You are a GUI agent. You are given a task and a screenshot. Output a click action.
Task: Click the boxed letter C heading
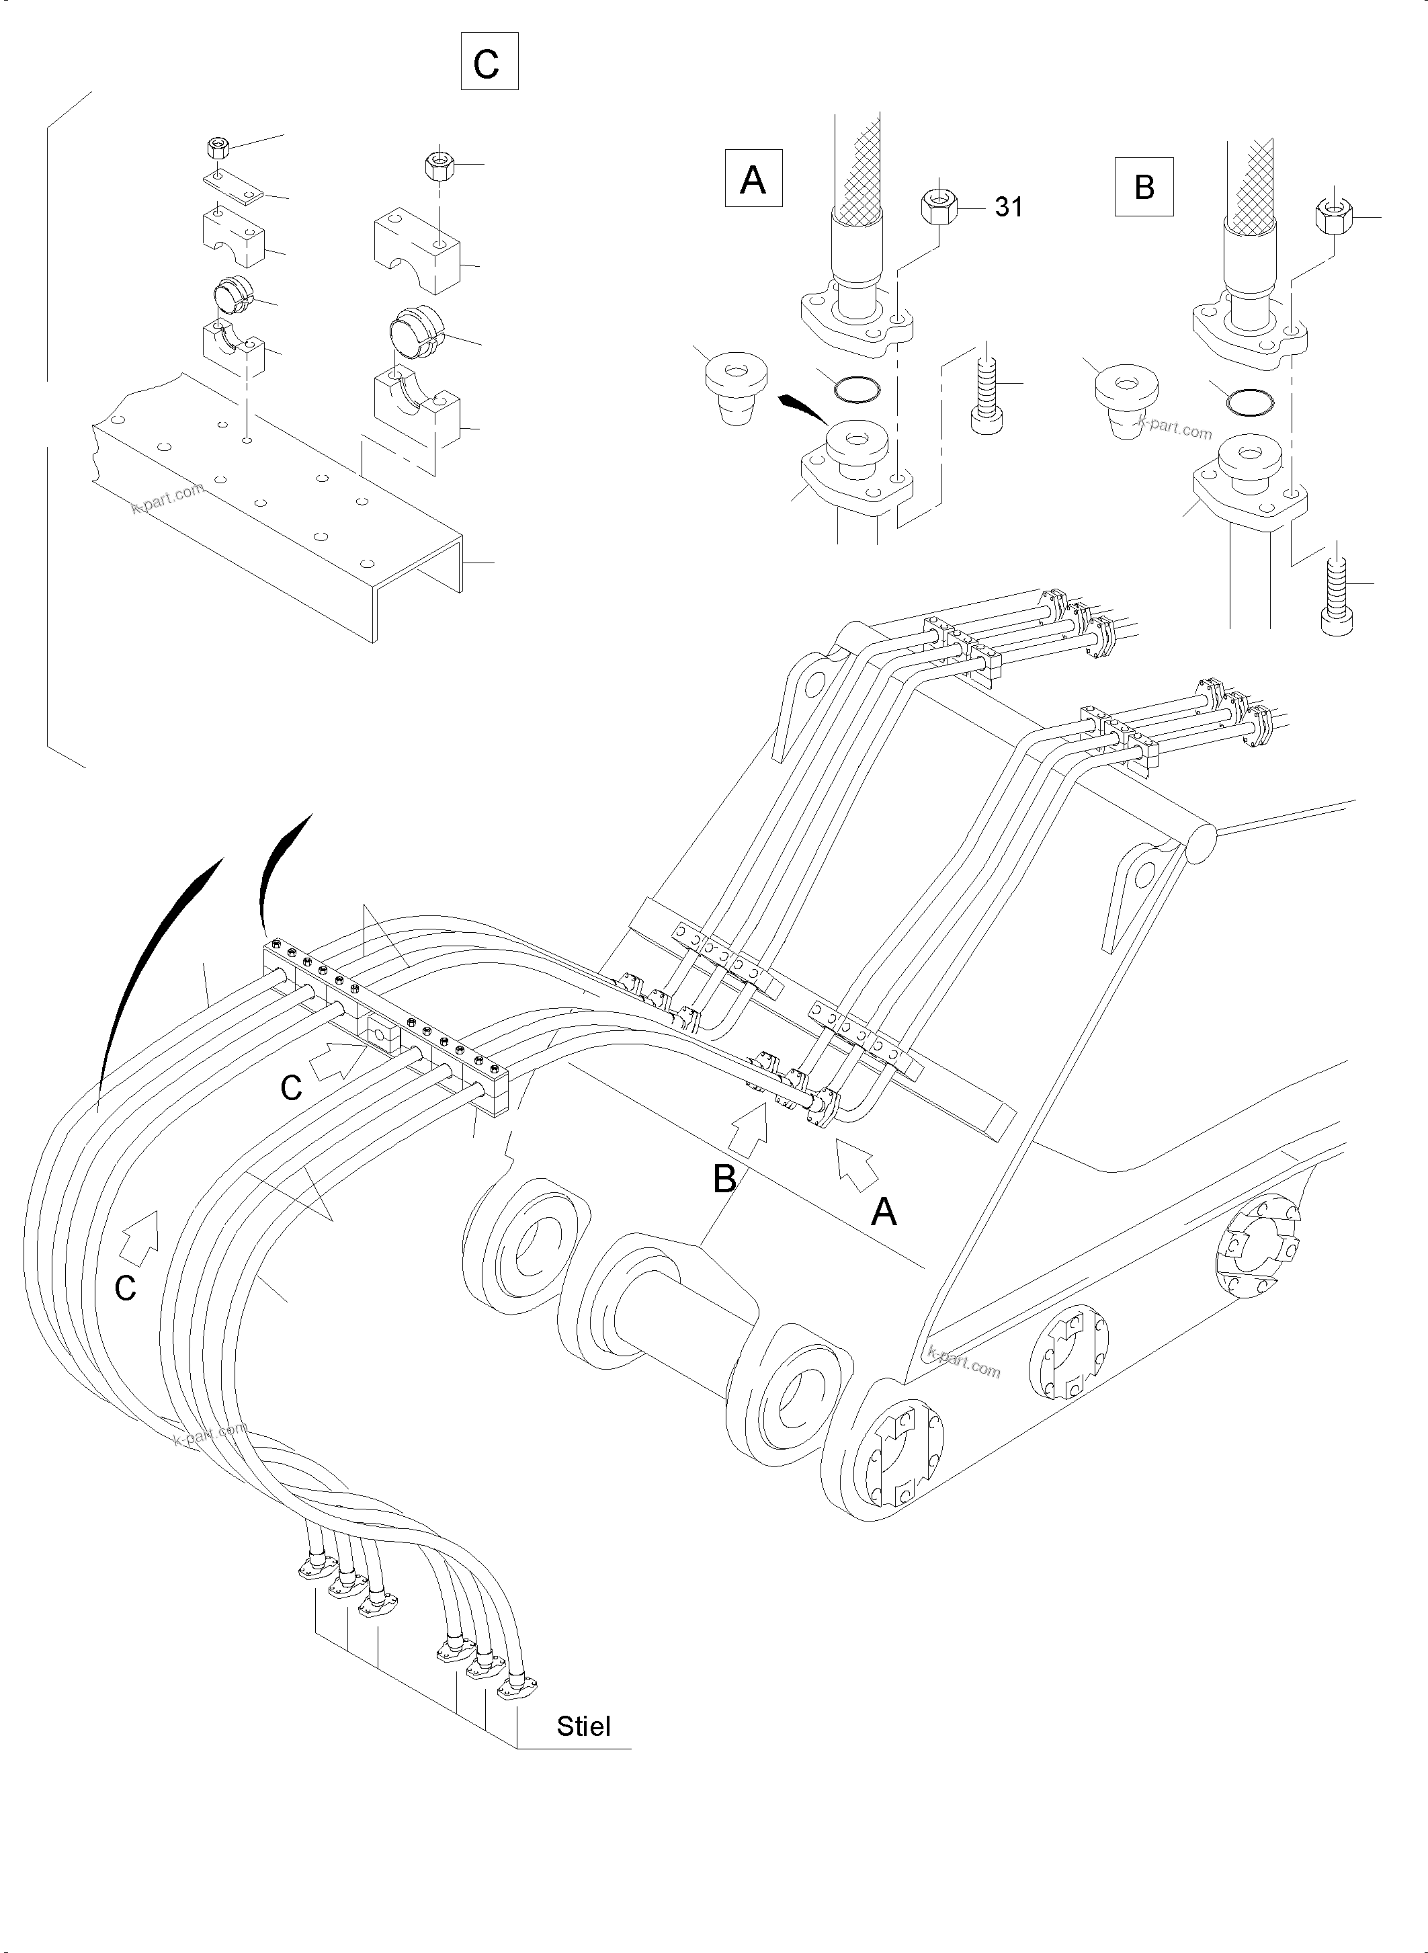(489, 61)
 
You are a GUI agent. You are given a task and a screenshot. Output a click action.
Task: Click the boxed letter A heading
(753, 179)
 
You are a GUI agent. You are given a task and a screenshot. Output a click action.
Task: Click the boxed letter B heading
(1143, 186)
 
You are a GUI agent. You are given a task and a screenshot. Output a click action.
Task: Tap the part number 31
(1008, 208)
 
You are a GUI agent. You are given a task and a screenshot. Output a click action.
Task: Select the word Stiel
(583, 1726)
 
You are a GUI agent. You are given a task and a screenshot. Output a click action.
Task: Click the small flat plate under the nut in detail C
(232, 188)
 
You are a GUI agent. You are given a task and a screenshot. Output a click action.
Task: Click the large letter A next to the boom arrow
(884, 1212)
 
